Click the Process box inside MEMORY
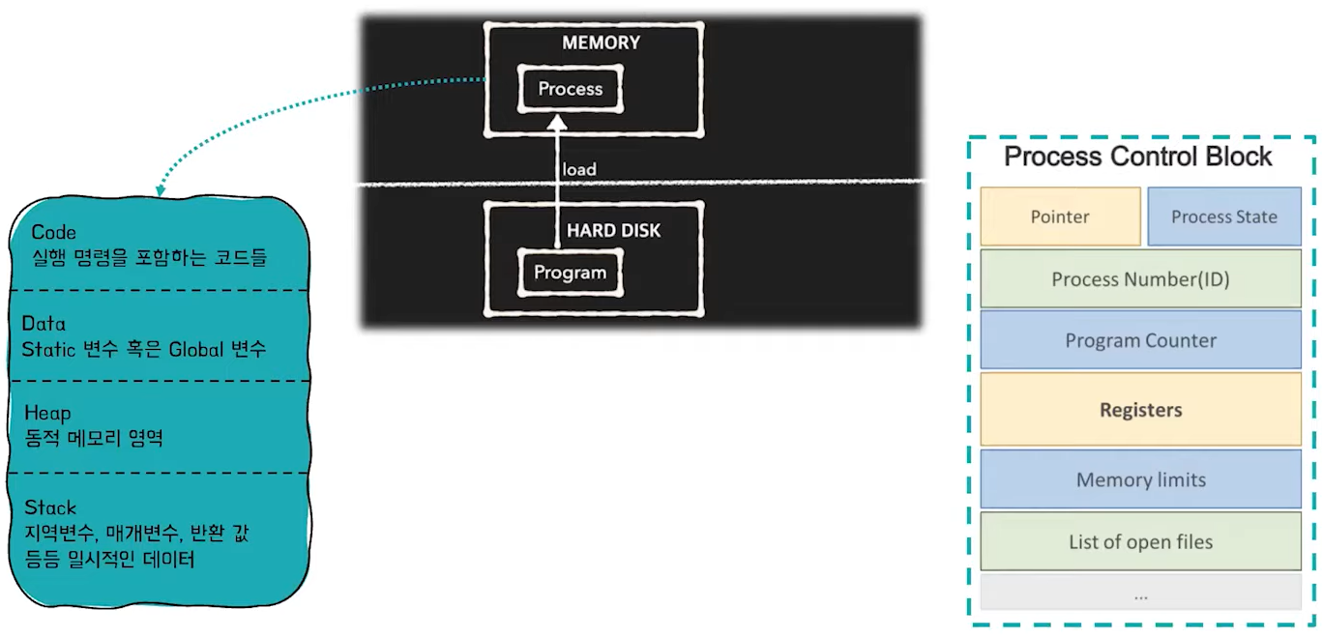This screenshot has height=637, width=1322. point(571,89)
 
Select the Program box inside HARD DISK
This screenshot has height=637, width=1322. point(570,273)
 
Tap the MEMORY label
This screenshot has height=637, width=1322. point(601,43)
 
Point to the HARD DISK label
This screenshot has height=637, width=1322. point(613,231)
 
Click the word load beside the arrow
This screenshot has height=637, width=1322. point(579,169)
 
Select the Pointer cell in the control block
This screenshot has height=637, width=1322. point(1060,217)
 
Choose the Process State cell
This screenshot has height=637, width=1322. point(1223,217)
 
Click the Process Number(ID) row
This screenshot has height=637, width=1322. point(1140,279)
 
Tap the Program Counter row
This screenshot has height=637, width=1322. point(1140,340)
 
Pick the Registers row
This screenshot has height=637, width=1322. point(1140,410)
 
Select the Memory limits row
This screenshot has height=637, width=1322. point(1140,479)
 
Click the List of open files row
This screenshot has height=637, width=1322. point(1140,541)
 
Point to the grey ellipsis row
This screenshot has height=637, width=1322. point(1140,594)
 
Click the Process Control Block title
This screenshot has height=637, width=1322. point(1138,157)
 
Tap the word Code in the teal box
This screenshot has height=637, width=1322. point(53,233)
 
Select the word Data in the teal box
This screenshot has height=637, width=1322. point(44,324)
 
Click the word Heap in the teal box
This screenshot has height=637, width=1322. point(47,414)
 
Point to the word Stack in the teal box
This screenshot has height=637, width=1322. point(50,507)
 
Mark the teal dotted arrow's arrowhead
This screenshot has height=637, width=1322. point(160,189)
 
